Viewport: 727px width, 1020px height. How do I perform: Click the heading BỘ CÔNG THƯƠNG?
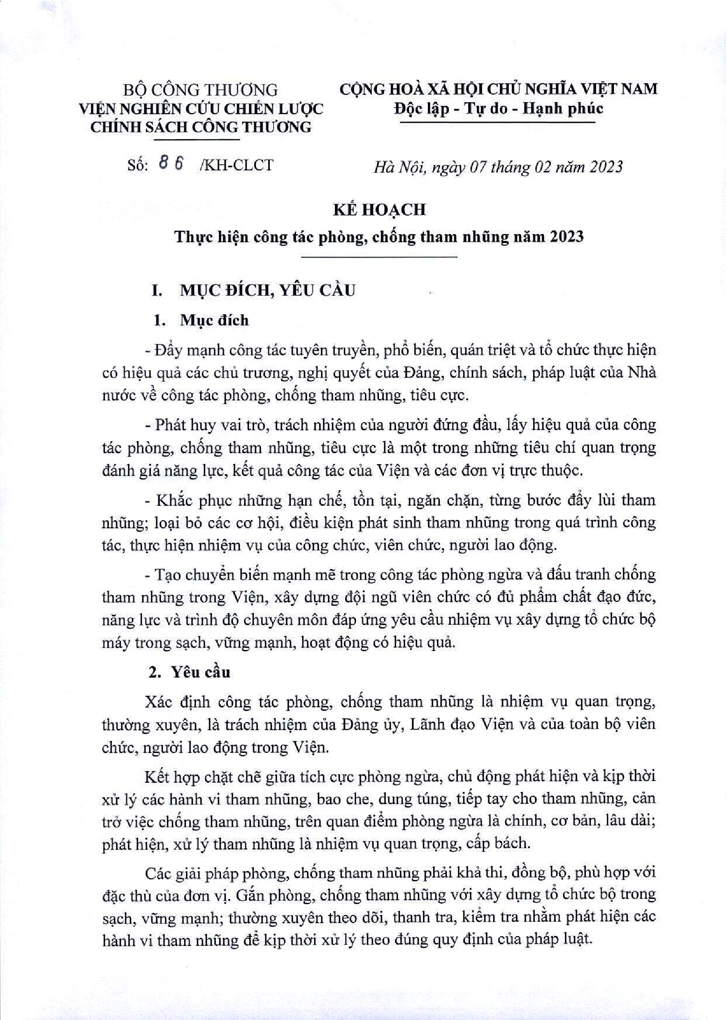pos(200,90)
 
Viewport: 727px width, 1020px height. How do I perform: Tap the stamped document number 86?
pos(172,165)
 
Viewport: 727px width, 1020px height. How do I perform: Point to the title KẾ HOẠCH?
pos(379,210)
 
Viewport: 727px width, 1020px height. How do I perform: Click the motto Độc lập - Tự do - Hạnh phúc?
pos(499,109)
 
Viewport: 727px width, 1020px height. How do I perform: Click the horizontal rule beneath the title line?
pos(379,257)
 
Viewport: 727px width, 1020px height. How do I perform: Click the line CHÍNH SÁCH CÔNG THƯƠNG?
pos(200,127)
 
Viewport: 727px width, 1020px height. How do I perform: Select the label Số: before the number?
pos(137,165)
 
